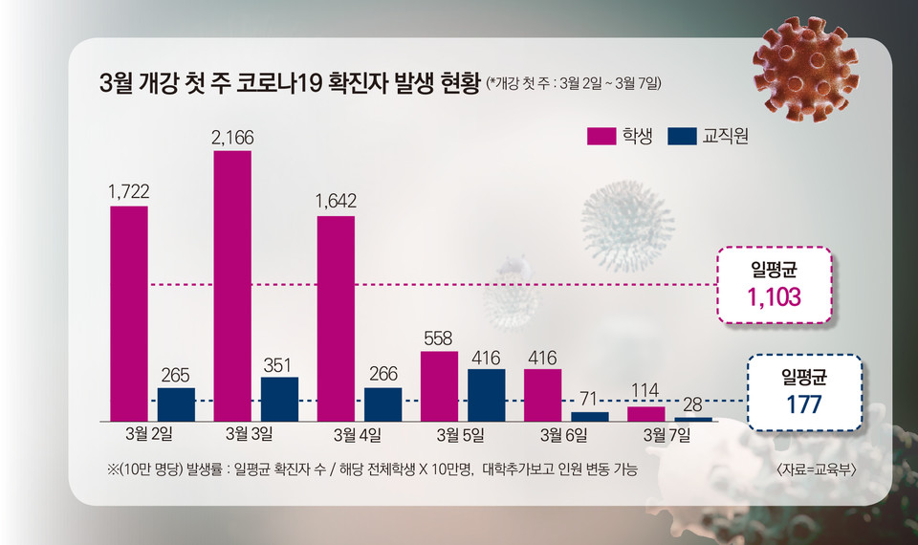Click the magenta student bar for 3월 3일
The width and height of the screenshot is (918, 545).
pyautogui.click(x=232, y=285)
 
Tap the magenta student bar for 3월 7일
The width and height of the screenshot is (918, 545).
pyautogui.click(x=645, y=413)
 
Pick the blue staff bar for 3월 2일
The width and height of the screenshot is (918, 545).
pyautogui.click(x=176, y=403)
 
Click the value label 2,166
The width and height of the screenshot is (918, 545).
pyautogui.click(x=232, y=138)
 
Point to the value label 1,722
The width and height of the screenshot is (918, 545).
pyautogui.click(x=129, y=193)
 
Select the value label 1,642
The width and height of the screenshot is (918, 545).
pyautogui.click(x=336, y=202)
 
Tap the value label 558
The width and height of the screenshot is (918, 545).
pyautogui.click(x=439, y=338)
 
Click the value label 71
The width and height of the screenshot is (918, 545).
pyautogui.click(x=589, y=399)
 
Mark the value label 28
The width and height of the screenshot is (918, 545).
pyautogui.click(x=693, y=404)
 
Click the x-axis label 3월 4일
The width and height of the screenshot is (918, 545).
pyautogui.click(x=357, y=435)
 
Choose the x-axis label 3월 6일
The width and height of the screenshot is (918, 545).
pyautogui.click(x=562, y=435)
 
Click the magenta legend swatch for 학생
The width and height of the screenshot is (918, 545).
pyautogui.click(x=601, y=137)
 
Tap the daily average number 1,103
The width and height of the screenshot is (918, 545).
pyautogui.click(x=775, y=298)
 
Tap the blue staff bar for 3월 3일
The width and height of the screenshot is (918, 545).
pyautogui.click(x=279, y=399)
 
